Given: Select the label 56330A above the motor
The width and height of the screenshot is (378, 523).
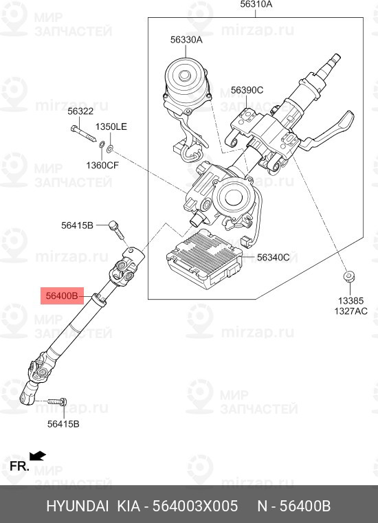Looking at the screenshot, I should [x=186, y=40].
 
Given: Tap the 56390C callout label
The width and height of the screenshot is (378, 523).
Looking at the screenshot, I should [x=247, y=90].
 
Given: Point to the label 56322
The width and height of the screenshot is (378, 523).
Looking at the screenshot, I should [x=80, y=111].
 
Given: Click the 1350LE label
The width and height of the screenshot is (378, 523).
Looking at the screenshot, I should [x=111, y=127].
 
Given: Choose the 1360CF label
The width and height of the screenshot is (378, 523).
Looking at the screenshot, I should [x=102, y=165].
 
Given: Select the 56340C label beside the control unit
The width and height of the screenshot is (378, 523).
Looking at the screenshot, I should [x=273, y=258].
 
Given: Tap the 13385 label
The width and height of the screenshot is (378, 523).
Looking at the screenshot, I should [x=350, y=300].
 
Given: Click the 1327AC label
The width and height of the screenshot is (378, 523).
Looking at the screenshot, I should [x=350, y=311].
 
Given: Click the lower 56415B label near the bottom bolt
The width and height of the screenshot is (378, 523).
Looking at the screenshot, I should [x=63, y=424].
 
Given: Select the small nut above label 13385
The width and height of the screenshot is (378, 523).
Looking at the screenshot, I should [x=348, y=277].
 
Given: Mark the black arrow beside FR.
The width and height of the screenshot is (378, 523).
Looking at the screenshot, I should [x=37, y=455].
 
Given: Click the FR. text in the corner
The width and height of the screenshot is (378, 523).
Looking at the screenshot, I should [x=19, y=467].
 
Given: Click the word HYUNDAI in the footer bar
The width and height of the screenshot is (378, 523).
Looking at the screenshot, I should [x=77, y=507].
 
